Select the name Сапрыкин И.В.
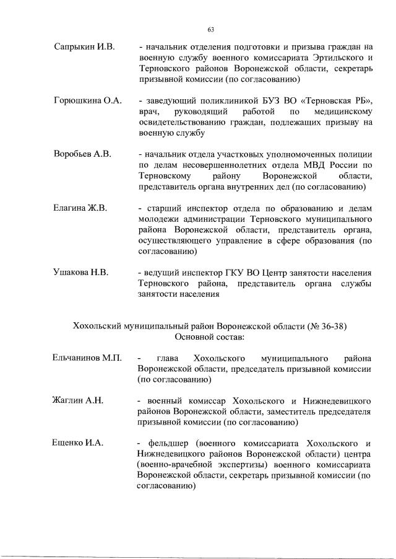click(82, 46)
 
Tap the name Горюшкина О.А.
click(87, 100)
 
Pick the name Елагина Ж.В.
click(80, 208)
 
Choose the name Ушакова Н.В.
click(81, 273)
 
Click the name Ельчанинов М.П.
click(88, 359)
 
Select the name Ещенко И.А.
click(78, 444)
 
